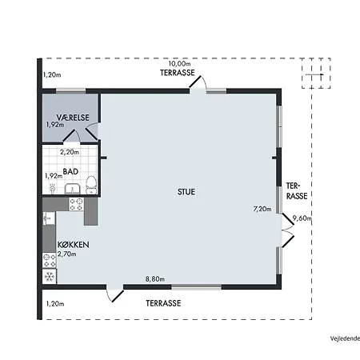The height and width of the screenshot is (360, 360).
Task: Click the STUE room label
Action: click(186, 192)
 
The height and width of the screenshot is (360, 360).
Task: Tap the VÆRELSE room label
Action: click(73, 118)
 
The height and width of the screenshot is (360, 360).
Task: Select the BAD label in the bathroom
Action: click(70, 171)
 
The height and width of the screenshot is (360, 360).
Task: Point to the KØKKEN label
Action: click(74, 245)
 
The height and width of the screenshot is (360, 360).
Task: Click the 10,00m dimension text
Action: click(179, 64)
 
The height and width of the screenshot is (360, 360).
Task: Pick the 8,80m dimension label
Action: click(155, 279)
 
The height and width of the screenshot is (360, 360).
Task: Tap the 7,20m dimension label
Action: click(262, 209)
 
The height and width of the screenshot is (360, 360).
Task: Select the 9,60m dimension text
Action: click(302, 218)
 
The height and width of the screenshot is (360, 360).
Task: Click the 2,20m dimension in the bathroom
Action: click(70, 152)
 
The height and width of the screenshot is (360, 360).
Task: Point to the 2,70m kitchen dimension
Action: click(67, 254)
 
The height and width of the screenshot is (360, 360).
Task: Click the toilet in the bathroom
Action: click(91, 185)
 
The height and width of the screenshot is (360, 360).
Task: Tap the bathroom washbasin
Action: click(72, 189)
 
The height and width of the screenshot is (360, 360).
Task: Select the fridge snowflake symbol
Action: click(50, 277)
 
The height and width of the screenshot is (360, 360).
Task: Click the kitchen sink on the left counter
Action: click(49, 218)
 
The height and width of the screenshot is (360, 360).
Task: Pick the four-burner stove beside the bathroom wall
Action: click(77, 204)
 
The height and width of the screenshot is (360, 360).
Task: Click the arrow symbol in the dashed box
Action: click(314, 74)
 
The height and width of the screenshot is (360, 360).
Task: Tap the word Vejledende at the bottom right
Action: click(345, 338)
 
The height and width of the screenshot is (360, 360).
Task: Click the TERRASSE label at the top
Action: click(178, 73)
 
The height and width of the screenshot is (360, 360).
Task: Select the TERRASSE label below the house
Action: click(163, 303)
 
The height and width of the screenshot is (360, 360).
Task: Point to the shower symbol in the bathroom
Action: click(53, 188)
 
